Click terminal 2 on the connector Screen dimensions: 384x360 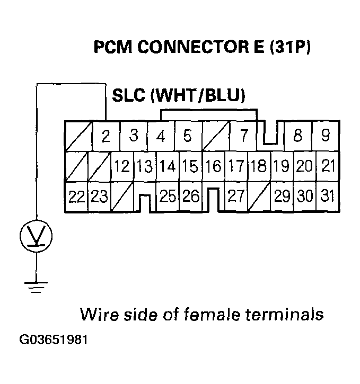106,137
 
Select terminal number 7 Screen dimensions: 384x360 243,136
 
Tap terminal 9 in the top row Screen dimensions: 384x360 326,136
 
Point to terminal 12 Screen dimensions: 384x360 121,167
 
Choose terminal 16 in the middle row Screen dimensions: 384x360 213,167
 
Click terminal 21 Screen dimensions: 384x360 328,167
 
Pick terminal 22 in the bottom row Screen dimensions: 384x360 76,197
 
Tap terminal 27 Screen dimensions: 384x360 235,197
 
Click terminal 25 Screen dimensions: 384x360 168,197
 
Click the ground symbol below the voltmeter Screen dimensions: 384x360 36,287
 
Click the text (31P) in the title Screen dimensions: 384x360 290,48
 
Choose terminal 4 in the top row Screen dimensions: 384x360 160,136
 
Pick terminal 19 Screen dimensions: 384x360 282,167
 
